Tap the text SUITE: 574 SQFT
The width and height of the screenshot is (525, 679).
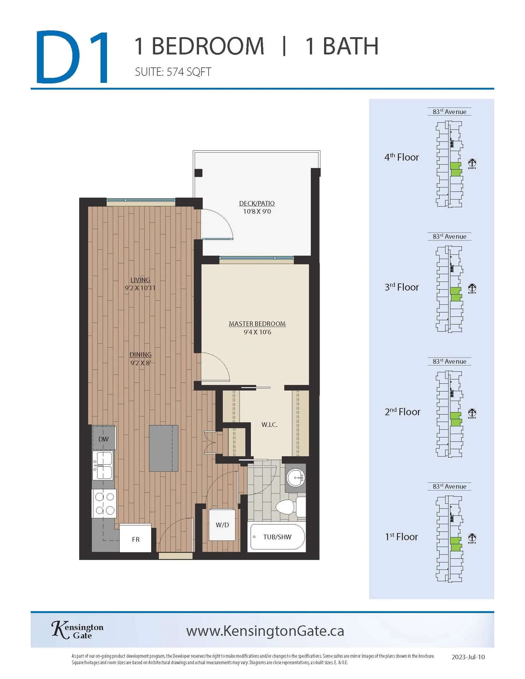click(x=173, y=72)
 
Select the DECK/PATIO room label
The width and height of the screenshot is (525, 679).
click(x=257, y=203)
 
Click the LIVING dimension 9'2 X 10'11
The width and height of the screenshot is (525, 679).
click(x=140, y=288)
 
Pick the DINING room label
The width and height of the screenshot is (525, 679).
click(x=140, y=354)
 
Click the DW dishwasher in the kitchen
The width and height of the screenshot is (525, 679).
click(x=104, y=439)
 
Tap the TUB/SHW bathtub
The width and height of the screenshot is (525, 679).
click(x=277, y=537)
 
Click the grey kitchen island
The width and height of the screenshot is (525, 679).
click(x=164, y=448)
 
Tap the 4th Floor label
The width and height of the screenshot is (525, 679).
click(x=401, y=157)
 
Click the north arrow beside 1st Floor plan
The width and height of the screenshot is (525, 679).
click(x=472, y=537)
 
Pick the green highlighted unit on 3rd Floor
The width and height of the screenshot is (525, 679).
click(x=456, y=294)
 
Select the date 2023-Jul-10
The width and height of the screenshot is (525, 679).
click(x=468, y=657)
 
